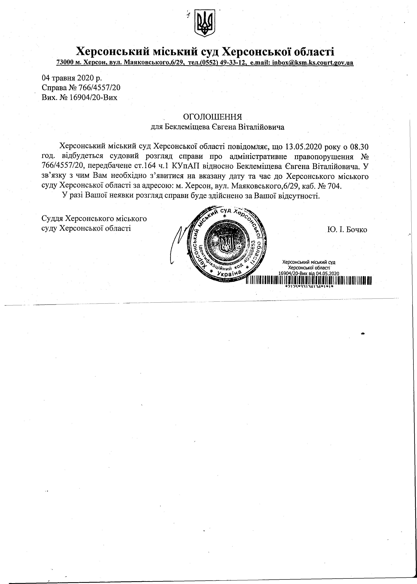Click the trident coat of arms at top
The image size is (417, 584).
click(x=205, y=23)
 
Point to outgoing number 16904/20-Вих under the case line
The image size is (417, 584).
click(x=92, y=98)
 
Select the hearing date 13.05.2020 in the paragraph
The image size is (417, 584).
click(x=303, y=147)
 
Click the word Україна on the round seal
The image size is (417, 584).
click(x=229, y=273)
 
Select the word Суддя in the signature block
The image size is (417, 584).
click(x=52, y=219)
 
